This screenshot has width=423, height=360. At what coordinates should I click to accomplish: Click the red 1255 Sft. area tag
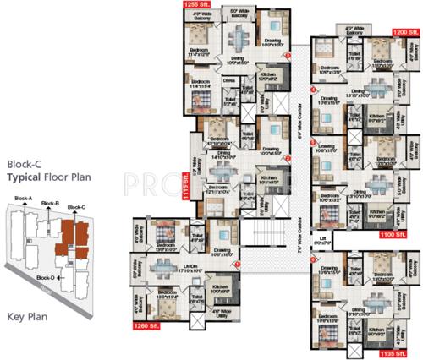(x=192, y=5)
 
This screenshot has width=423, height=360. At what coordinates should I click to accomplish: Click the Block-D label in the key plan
(x=46, y=276)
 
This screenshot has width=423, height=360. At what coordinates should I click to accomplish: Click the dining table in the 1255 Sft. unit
(x=238, y=39)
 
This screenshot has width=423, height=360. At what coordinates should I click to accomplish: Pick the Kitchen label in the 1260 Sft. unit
(x=220, y=286)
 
